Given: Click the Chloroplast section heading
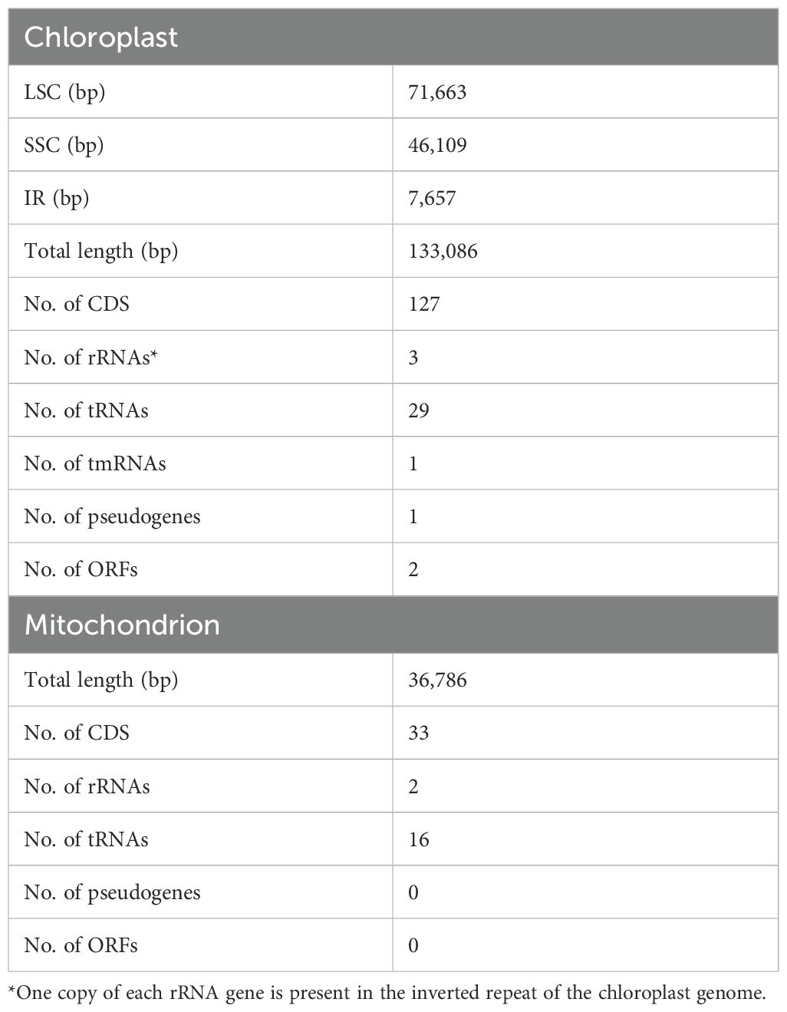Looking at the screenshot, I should point(100,38).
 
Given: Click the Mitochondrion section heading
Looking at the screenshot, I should point(122,625).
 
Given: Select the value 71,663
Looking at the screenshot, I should point(437,92).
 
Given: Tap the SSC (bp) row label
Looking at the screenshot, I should point(64,145).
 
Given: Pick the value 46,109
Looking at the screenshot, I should point(437,145).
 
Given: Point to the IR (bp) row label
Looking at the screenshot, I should point(57,198).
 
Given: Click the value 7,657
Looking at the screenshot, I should point(432,198).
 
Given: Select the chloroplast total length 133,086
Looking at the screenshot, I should point(443,251).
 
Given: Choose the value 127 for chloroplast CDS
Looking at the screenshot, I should point(424,304).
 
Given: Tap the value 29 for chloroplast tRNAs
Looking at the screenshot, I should point(419,410).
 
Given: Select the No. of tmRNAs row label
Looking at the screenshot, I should point(94,463).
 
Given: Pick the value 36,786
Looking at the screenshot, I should point(437,680).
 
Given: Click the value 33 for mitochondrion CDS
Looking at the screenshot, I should point(419,733).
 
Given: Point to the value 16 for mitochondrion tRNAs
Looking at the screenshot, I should point(419,839).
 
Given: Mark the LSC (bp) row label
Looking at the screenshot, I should point(64,92).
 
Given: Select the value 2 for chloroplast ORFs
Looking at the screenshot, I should point(413,569).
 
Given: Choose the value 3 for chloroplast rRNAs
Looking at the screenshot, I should point(413,357).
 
